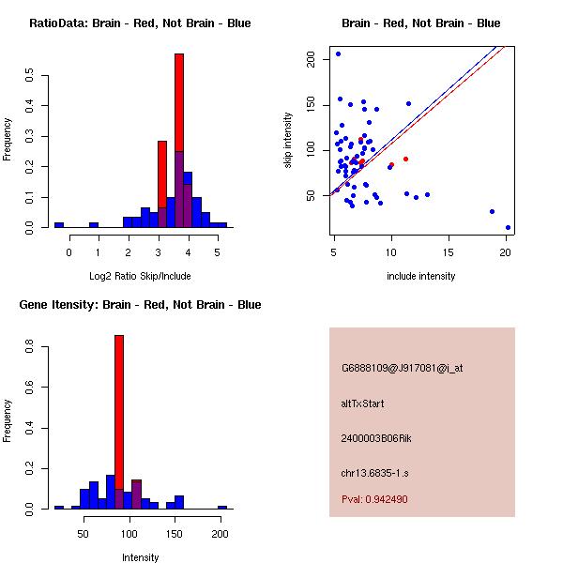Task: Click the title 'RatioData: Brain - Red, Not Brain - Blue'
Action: point(140,23)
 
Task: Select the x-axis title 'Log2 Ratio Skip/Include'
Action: point(140,276)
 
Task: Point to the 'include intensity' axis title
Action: point(421,276)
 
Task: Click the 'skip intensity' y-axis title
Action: point(288,141)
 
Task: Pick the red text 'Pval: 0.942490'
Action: point(374,500)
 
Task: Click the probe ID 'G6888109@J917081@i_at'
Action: point(402,368)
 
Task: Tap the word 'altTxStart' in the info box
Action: point(362,403)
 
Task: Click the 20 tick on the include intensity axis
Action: point(506,251)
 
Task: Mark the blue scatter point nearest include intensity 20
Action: point(508,227)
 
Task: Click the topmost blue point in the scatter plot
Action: point(338,53)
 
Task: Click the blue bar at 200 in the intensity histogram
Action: point(222,507)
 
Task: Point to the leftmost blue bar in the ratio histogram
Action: point(59,225)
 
